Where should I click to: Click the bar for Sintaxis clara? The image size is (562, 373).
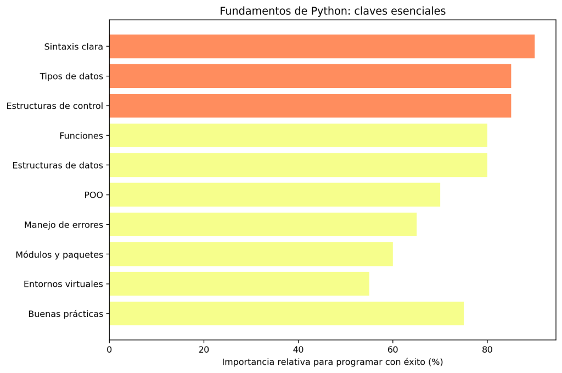[x=322, y=47]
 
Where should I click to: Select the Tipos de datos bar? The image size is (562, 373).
[x=310, y=76]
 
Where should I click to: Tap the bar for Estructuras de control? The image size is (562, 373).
[x=310, y=106]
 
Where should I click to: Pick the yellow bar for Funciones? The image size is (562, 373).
[x=298, y=136]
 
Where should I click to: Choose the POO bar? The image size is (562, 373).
[x=274, y=195]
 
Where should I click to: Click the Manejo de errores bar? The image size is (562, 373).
[x=263, y=225]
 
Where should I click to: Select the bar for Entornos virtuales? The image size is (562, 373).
[x=239, y=284]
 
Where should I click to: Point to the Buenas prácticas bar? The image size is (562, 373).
[x=286, y=314]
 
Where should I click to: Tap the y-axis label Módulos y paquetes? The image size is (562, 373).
[x=59, y=255]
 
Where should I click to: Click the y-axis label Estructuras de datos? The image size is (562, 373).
[x=58, y=165]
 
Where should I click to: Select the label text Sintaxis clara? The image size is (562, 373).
[x=74, y=47]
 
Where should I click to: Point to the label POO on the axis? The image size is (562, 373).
[x=93, y=195]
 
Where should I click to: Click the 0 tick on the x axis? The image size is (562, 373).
[x=109, y=349]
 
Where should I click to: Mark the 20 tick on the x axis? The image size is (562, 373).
[x=204, y=349]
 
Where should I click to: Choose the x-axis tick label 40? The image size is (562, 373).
[x=298, y=349]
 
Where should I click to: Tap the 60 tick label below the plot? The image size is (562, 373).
[x=392, y=349]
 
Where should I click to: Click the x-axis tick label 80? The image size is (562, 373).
[x=487, y=349]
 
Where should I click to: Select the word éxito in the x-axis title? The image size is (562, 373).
[x=415, y=363]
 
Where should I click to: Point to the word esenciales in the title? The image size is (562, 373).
[x=420, y=12]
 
